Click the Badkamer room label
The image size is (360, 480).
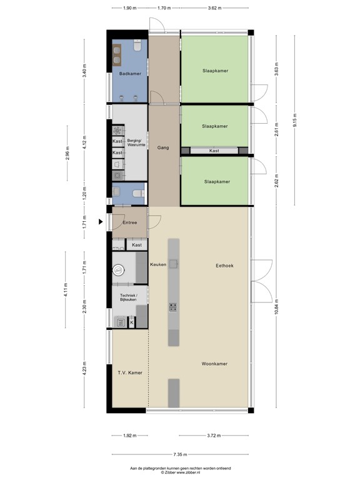(129, 74)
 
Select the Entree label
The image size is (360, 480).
(129, 222)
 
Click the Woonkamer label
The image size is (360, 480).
(214, 363)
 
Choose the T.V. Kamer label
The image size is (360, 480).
(130, 372)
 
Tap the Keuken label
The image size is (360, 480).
(158, 265)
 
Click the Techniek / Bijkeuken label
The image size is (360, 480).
(128, 298)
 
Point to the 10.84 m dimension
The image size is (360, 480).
(276, 310)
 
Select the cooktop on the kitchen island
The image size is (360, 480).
(173, 307)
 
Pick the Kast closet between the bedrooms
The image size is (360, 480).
(214, 151)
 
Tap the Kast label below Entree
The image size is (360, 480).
(137, 245)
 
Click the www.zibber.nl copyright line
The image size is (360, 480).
(180, 472)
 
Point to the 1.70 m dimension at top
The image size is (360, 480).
(164, 8)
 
